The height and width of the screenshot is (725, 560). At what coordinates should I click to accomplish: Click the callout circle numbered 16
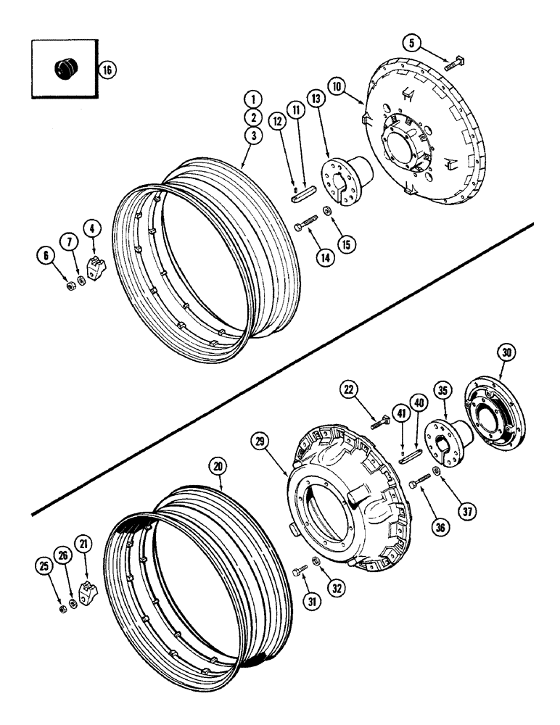106,70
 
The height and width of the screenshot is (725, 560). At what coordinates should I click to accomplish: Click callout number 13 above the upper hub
313,99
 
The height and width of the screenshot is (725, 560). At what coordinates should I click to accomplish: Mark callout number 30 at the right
505,354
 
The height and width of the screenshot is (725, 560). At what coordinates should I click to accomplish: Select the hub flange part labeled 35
445,442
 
